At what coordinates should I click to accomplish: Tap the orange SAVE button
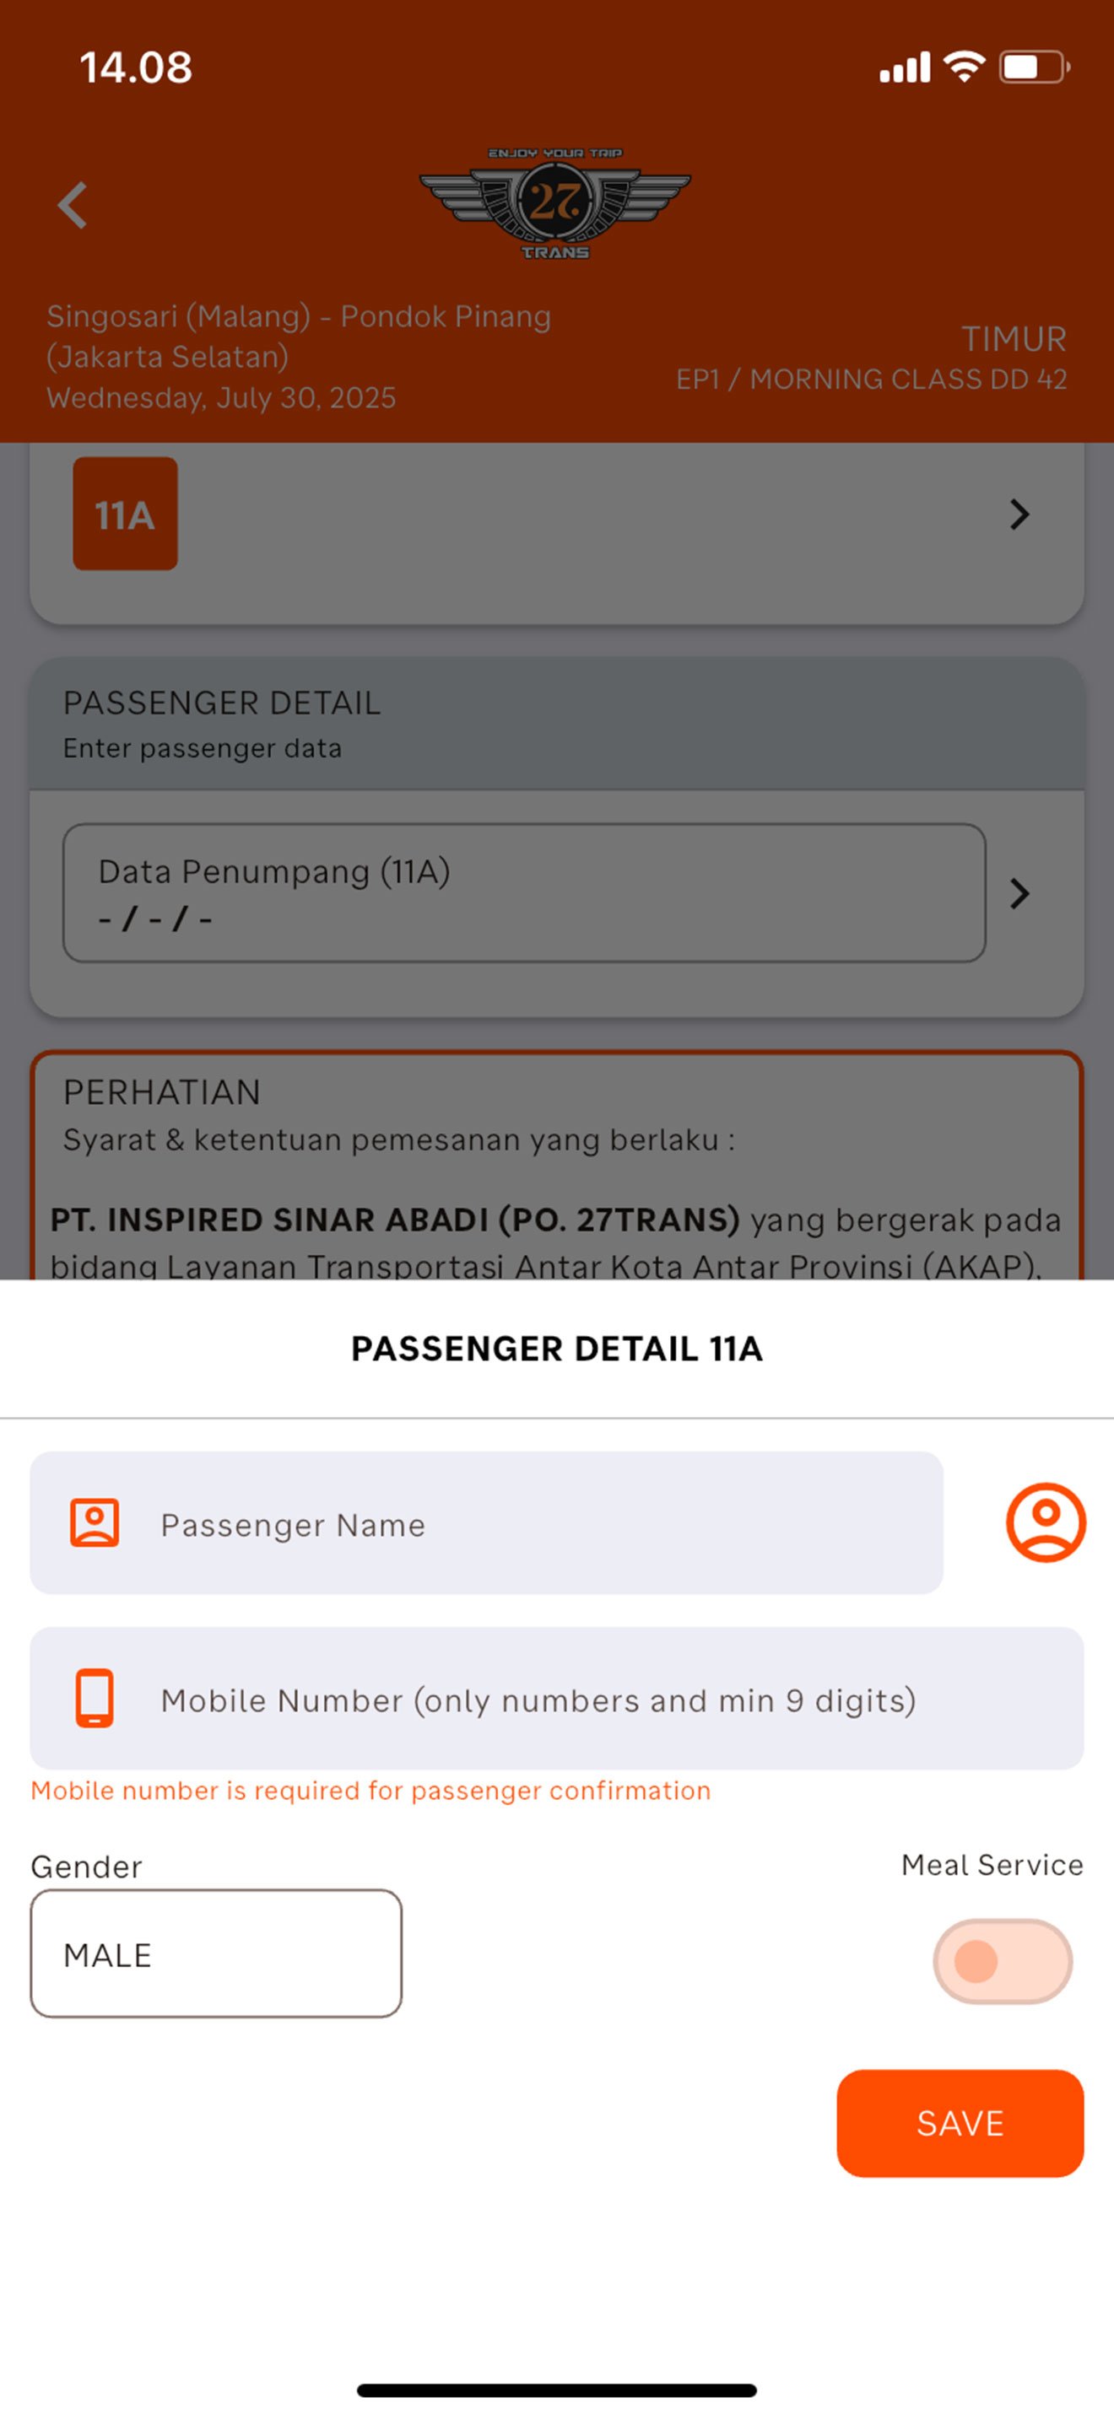pos(960,2123)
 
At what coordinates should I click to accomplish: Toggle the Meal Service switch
pos(1003,1962)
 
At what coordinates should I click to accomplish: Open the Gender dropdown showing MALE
pos(216,1953)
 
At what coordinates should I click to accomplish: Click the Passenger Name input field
pos(487,1523)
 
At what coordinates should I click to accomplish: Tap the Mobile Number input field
pos(557,1699)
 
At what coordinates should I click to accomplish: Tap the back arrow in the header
pos(73,205)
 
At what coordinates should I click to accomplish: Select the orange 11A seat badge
pos(125,514)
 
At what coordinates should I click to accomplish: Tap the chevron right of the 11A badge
pos(1020,514)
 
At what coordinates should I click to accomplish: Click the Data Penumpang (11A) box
pos(524,893)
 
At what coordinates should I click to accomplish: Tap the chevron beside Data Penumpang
pos(1020,893)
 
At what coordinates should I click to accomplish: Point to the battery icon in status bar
pos(1034,67)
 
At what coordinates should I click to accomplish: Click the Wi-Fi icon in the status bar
pos(965,67)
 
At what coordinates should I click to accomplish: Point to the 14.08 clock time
pos(136,67)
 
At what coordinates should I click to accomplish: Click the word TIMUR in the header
pos(1014,339)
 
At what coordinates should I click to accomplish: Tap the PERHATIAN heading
pos(161,1092)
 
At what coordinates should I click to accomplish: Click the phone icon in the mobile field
pos(94,1698)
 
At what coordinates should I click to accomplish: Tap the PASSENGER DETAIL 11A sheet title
pos(557,1349)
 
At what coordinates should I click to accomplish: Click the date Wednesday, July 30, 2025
pos(222,398)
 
